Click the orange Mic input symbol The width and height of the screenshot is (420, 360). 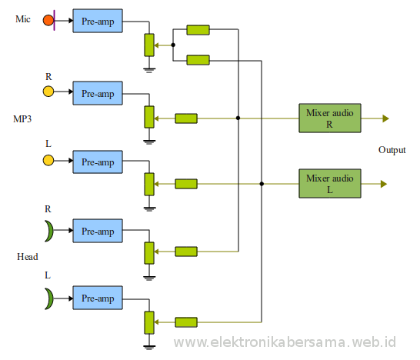tap(48, 20)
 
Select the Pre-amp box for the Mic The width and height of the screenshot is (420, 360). tap(97, 22)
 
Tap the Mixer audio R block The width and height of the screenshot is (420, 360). tap(329, 118)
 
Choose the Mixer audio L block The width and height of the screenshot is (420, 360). tap(329, 183)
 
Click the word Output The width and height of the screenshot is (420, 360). tap(392, 150)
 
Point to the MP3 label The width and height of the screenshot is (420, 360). tap(22, 119)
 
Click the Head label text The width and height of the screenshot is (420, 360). tap(27, 256)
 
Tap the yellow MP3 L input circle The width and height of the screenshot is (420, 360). tap(48, 160)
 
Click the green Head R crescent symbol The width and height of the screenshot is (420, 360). tap(49, 230)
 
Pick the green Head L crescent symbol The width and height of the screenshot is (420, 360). tap(49, 296)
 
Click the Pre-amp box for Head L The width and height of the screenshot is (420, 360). tap(97, 298)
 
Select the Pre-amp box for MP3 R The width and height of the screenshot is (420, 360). tap(97, 94)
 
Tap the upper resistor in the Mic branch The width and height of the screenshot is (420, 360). tap(198, 30)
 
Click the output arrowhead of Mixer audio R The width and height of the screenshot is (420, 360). tap(385, 118)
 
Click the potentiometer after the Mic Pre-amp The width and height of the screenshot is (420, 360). tap(149, 45)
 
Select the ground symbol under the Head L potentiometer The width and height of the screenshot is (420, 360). tap(149, 343)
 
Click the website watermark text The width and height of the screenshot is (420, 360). tap(285, 341)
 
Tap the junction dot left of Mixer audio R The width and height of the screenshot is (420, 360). tap(238, 118)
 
